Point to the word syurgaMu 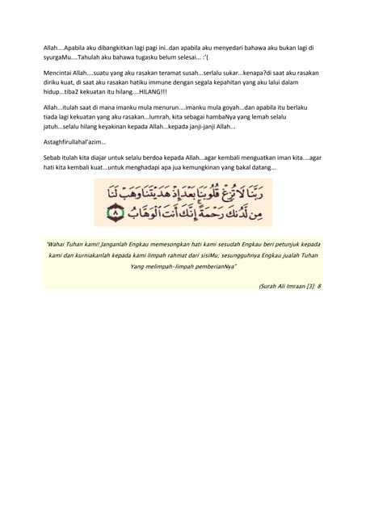[x=61, y=59]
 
